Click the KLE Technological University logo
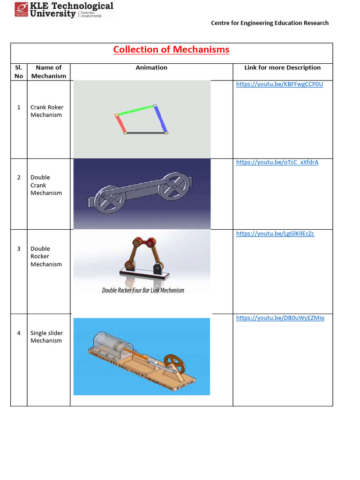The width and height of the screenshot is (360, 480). pyautogui.click(x=64, y=10)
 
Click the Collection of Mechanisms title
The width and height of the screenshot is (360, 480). pyautogui.click(x=171, y=50)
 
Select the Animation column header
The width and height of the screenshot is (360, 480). pyautogui.click(x=151, y=67)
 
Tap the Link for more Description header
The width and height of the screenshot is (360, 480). pyautogui.click(x=282, y=67)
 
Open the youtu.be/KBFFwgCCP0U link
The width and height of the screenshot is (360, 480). pyautogui.click(x=279, y=84)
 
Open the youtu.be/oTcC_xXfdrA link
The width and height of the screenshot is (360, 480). pyautogui.click(x=277, y=162)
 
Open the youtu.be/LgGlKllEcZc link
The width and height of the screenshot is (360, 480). pyautogui.click(x=275, y=233)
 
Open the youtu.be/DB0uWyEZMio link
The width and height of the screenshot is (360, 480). pyautogui.click(x=280, y=318)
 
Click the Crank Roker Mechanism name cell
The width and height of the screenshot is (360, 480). pyautogui.click(x=46, y=111)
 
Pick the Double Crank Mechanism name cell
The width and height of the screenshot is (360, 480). pyautogui.click(x=46, y=185)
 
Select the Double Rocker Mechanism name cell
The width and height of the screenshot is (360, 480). pyautogui.click(x=46, y=256)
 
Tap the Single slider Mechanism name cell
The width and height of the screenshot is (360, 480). pyautogui.click(x=46, y=337)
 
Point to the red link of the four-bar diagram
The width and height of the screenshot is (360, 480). pyautogui.click(x=120, y=124)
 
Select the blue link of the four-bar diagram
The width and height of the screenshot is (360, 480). pyautogui.click(x=161, y=120)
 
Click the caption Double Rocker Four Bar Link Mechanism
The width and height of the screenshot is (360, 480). pyautogui.click(x=143, y=291)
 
